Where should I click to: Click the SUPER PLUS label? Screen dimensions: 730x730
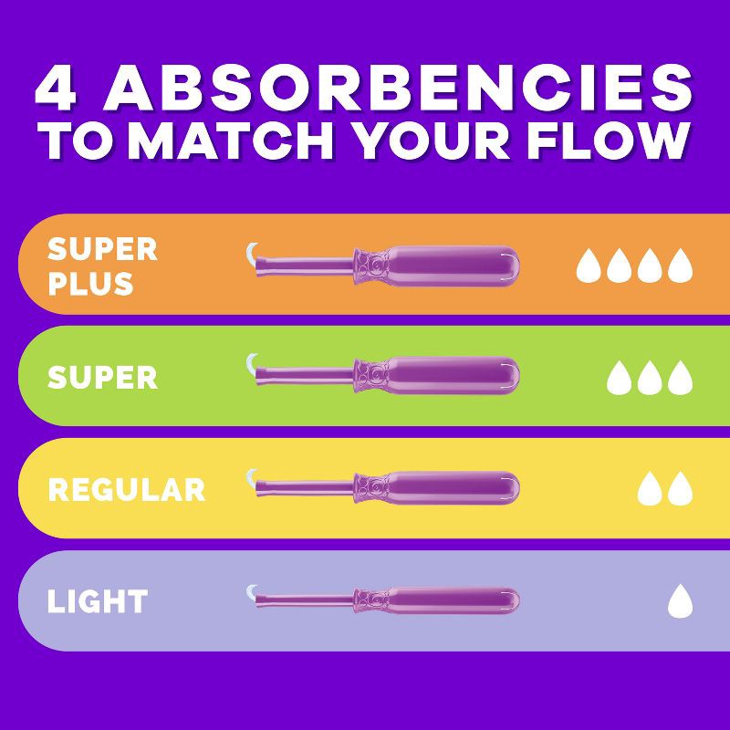(x=101, y=266)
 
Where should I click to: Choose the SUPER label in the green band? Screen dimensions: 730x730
(x=102, y=377)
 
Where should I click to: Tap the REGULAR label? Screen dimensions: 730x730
(x=126, y=489)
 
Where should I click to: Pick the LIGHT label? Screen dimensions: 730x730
(x=98, y=601)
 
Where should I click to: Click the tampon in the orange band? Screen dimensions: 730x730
(x=383, y=265)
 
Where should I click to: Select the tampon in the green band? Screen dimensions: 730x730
(x=383, y=376)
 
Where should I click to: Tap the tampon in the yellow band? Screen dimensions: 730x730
(x=383, y=488)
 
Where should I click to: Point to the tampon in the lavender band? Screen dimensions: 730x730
(x=383, y=600)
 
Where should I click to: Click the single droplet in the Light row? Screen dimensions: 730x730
(x=679, y=600)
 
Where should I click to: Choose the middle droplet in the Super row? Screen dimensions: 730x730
(x=649, y=377)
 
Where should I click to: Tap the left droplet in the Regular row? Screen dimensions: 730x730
(x=649, y=489)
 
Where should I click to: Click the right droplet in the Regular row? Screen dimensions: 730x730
(x=680, y=489)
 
